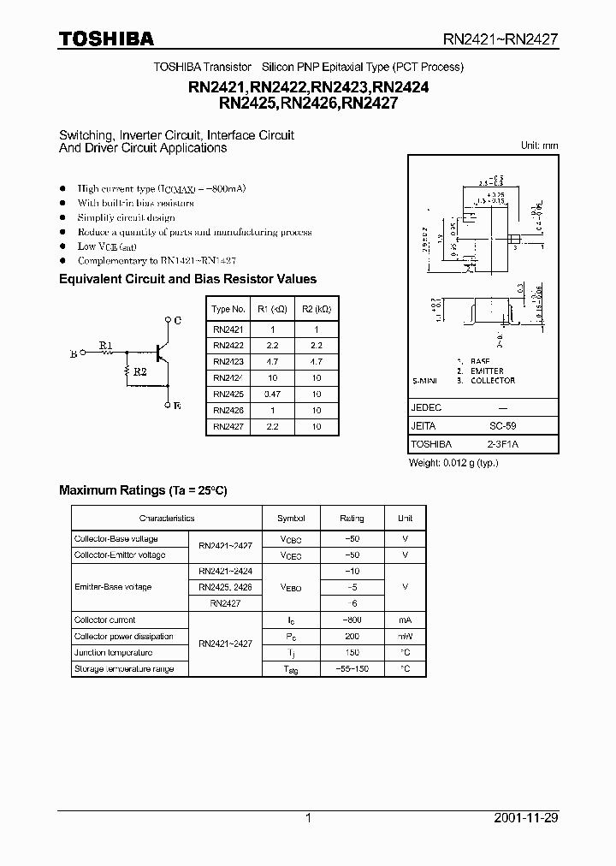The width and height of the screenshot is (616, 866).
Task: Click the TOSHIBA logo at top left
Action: pyautogui.click(x=106, y=39)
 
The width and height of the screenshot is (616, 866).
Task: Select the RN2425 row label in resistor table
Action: pyautogui.click(x=228, y=394)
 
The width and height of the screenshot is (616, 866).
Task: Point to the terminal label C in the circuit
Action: pyautogui.click(x=177, y=320)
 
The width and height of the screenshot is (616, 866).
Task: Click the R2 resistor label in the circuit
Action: pyautogui.click(x=140, y=372)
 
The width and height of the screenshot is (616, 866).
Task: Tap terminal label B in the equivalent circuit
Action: pyautogui.click(x=74, y=352)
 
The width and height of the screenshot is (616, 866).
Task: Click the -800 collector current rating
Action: pyautogui.click(x=352, y=620)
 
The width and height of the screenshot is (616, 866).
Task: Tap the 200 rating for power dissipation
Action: pyautogui.click(x=352, y=636)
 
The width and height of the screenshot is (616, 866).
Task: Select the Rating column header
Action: pyautogui.click(x=352, y=518)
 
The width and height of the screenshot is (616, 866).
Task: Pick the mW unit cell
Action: pyautogui.click(x=405, y=636)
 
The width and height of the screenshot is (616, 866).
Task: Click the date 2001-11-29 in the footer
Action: pyautogui.click(x=526, y=818)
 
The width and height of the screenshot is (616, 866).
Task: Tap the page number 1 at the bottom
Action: pyautogui.click(x=308, y=818)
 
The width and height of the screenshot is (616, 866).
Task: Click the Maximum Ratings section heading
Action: pyautogui.click(x=143, y=490)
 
